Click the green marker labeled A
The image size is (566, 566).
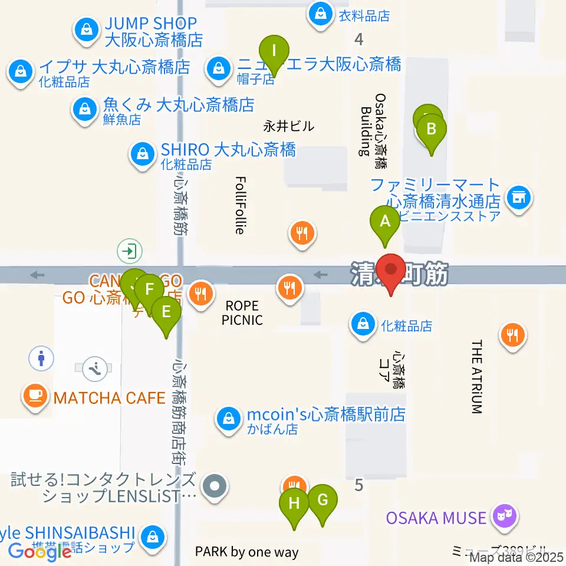[x=386, y=223]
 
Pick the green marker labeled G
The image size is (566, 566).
[x=323, y=501]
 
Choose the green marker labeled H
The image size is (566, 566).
[x=294, y=505]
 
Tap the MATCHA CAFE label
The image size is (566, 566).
[x=109, y=398]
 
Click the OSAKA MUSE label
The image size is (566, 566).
[x=436, y=518]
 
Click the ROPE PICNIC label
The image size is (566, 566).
[x=242, y=313]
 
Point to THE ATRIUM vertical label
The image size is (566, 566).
[x=477, y=377]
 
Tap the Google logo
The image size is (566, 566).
[x=40, y=551]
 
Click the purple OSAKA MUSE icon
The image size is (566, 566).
[x=504, y=516]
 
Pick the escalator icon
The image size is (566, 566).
[x=94, y=368]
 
